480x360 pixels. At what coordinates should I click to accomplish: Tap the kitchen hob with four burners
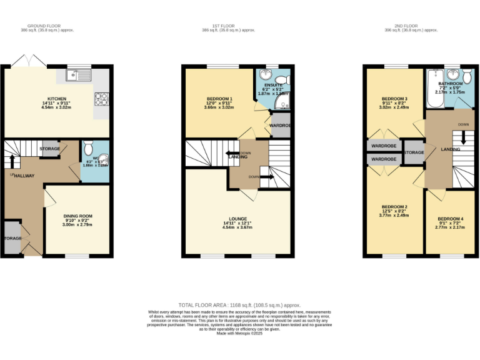pyautogui.click(x=101, y=99)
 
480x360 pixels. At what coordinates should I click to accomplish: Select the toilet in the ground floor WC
pyautogui.click(x=88, y=148)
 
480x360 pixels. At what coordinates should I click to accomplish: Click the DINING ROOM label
pyautogui.click(x=77, y=216)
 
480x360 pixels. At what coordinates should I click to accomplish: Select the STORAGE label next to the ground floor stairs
pyautogui.click(x=50, y=149)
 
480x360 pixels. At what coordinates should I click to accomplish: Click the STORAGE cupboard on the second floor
pyautogui.click(x=414, y=152)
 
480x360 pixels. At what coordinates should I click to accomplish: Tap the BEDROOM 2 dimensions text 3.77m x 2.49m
pyautogui.click(x=394, y=215)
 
